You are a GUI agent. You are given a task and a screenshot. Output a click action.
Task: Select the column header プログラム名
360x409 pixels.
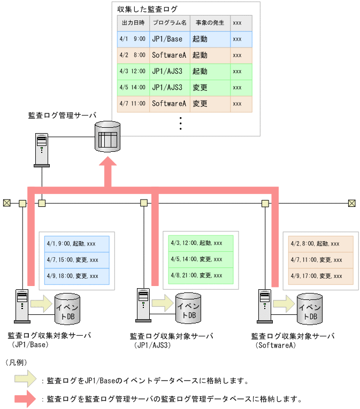pyautogui.click(x=169, y=23)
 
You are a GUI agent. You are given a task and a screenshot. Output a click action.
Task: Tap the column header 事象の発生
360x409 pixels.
pyautogui.click(x=210, y=23)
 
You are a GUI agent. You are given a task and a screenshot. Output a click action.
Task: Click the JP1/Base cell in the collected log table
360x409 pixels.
pyautogui.click(x=167, y=39)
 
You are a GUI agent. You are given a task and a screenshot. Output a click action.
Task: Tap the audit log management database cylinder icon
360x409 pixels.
pyautogui.click(x=108, y=136)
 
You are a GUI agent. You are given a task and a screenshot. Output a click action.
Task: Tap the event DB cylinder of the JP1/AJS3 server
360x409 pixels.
pyautogui.click(x=188, y=309)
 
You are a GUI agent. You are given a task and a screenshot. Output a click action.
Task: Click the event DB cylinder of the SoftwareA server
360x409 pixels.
pyautogui.click(x=310, y=309)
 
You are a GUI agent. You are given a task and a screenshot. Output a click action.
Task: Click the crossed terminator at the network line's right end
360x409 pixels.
pyautogui.click(x=351, y=203)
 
